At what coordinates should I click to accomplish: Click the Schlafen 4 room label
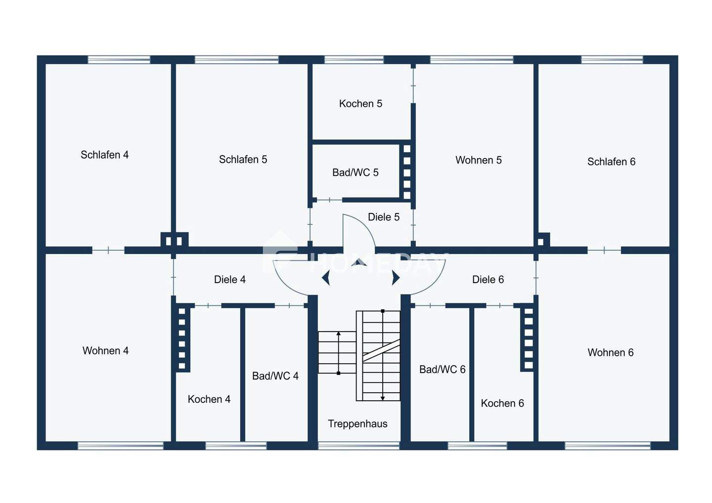[104, 155]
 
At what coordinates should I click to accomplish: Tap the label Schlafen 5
[243, 159]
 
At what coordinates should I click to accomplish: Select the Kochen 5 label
[360, 103]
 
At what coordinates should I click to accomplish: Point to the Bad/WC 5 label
[355, 172]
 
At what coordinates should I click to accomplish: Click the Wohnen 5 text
[478, 160]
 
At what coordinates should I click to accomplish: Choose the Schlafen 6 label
[611, 162]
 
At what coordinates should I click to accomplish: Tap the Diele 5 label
[383, 217]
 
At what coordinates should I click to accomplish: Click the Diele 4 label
[229, 280]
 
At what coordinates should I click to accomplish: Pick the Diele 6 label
[488, 280]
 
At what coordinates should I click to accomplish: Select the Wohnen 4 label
[105, 351]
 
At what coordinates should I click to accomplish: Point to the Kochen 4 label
[209, 399]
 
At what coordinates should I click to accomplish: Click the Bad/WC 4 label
[275, 376]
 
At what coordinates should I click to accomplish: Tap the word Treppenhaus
[357, 423]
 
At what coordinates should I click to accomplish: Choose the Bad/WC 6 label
[442, 370]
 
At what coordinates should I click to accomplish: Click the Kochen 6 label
[502, 403]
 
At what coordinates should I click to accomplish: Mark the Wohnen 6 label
[610, 353]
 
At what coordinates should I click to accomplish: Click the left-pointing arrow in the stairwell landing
[326, 278]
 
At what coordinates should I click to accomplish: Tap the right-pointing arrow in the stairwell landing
[396, 278]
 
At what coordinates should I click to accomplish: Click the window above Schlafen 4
[119, 59]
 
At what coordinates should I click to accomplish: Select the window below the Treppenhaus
[358, 446]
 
